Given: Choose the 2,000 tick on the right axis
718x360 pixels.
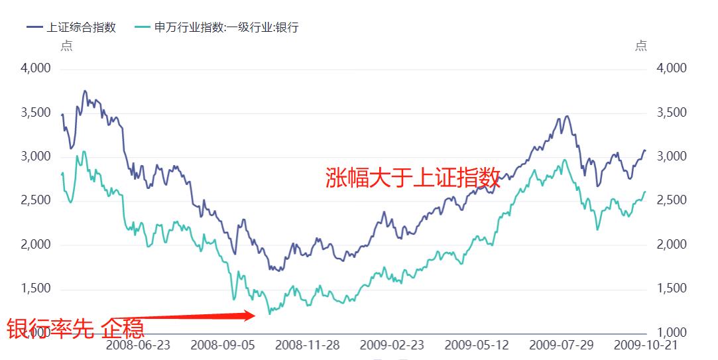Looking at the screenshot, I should pyautogui.click(x=672, y=245).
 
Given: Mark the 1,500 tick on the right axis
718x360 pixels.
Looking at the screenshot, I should pyautogui.click(x=672, y=289).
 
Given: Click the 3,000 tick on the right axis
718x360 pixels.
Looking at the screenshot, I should pyautogui.click(x=672, y=156).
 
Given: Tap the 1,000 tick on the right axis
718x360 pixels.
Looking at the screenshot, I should pyautogui.click(x=672, y=333).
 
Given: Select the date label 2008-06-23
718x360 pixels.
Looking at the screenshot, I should pyautogui.click(x=138, y=345).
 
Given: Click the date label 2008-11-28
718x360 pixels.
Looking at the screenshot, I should pyautogui.click(x=307, y=345).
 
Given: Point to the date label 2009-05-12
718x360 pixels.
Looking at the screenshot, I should pyautogui.click(x=477, y=345).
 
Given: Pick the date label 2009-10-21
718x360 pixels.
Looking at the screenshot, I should pyautogui.click(x=646, y=345).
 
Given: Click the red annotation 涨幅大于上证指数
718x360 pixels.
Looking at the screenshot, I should pyautogui.click(x=412, y=178).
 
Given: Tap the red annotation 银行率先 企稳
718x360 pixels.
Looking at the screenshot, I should pyautogui.click(x=76, y=328).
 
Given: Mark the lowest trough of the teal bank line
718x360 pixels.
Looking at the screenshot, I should pyautogui.click(x=269, y=313).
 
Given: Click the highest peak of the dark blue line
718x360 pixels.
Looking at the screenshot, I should pyautogui.click(x=85, y=91).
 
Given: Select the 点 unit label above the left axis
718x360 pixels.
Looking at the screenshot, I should pyautogui.click(x=66, y=46).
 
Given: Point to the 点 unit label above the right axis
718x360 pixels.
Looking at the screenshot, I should pyautogui.click(x=640, y=46).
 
